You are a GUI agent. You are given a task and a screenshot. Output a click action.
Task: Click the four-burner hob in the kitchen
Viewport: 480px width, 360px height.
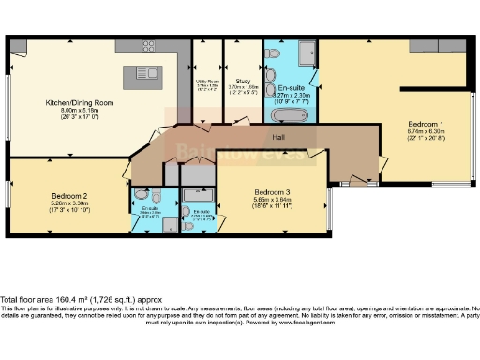[x=148, y=48]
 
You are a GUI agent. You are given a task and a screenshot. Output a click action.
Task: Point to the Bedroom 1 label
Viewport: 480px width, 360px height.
[x=426, y=124]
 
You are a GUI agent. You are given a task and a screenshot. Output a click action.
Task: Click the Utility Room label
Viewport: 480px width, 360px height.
[x=207, y=82]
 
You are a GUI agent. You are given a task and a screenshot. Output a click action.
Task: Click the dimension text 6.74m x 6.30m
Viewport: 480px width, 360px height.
[x=426, y=131]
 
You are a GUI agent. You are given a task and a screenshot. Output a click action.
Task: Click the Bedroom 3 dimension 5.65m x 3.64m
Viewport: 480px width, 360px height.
[x=271, y=199]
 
